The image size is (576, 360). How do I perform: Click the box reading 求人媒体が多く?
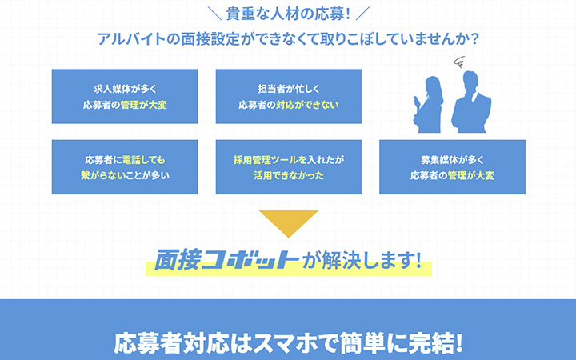point(124,96)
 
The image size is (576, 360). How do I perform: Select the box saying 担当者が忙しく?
point(288,96)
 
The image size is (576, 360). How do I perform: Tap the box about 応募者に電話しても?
point(124,166)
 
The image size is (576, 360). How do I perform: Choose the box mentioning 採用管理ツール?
point(288,166)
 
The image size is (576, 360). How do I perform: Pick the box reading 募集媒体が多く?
point(452,166)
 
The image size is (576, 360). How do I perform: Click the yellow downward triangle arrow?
point(288,224)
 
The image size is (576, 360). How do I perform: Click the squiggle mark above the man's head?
point(460,62)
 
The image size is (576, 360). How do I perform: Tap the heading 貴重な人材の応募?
point(289,14)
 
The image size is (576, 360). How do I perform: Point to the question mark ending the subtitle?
point(475,38)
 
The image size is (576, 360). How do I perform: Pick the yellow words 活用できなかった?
point(288,175)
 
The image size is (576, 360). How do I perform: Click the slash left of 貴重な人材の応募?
point(213,14)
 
